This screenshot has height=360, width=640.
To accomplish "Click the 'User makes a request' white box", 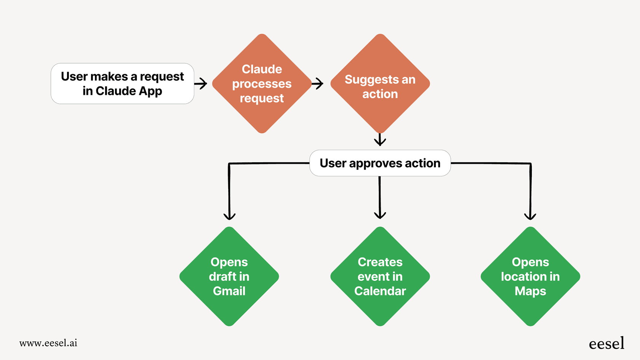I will pyautogui.click(x=122, y=83).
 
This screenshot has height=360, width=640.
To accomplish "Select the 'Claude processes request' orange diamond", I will pyautogui.click(x=262, y=83).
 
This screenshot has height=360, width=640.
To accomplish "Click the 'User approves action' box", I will pyautogui.click(x=380, y=163).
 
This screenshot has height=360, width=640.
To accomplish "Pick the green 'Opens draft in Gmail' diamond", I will pyautogui.click(x=229, y=277).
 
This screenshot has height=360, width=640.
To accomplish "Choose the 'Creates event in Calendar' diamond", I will pyautogui.click(x=380, y=277).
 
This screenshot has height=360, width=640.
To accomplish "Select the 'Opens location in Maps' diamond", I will pyautogui.click(x=530, y=277).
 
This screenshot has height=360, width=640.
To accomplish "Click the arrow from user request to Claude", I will pyautogui.click(x=201, y=83).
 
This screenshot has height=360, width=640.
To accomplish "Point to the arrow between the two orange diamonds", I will pyautogui.click(x=317, y=83).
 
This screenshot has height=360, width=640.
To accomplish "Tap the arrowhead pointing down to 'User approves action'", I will pyautogui.click(x=380, y=141).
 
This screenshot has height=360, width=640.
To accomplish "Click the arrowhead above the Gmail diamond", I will pyautogui.click(x=229, y=216).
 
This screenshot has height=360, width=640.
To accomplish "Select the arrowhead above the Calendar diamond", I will pyautogui.click(x=380, y=215).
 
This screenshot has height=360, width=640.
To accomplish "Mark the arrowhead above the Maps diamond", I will pyautogui.click(x=530, y=216).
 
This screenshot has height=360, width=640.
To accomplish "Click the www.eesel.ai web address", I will pyautogui.click(x=48, y=343).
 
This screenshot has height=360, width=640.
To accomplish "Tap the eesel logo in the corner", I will pyautogui.click(x=606, y=343).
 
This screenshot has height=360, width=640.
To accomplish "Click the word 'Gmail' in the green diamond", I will pyautogui.click(x=229, y=291).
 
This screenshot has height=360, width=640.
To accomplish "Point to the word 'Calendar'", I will pyautogui.click(x=380, y=291).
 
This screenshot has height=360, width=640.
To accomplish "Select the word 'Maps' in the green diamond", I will pyautogui.click(x=530, y=291).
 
